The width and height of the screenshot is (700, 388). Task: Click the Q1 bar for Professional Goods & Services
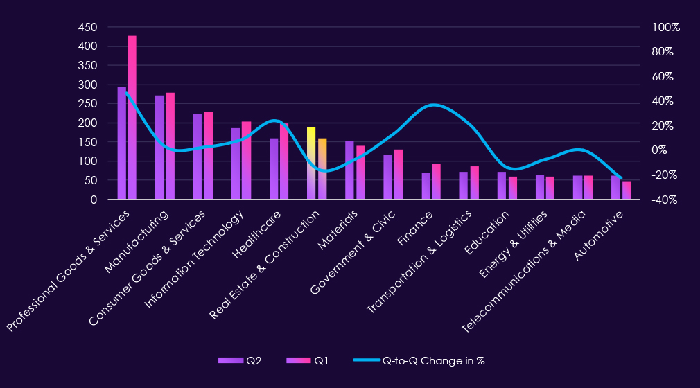[x=132, y=118]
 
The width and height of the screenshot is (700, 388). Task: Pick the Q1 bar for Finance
[x=436, y=182]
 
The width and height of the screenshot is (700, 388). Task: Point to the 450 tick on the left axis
[x=87, y=27]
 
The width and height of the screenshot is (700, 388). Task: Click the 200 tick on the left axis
[x=87, y=123]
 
